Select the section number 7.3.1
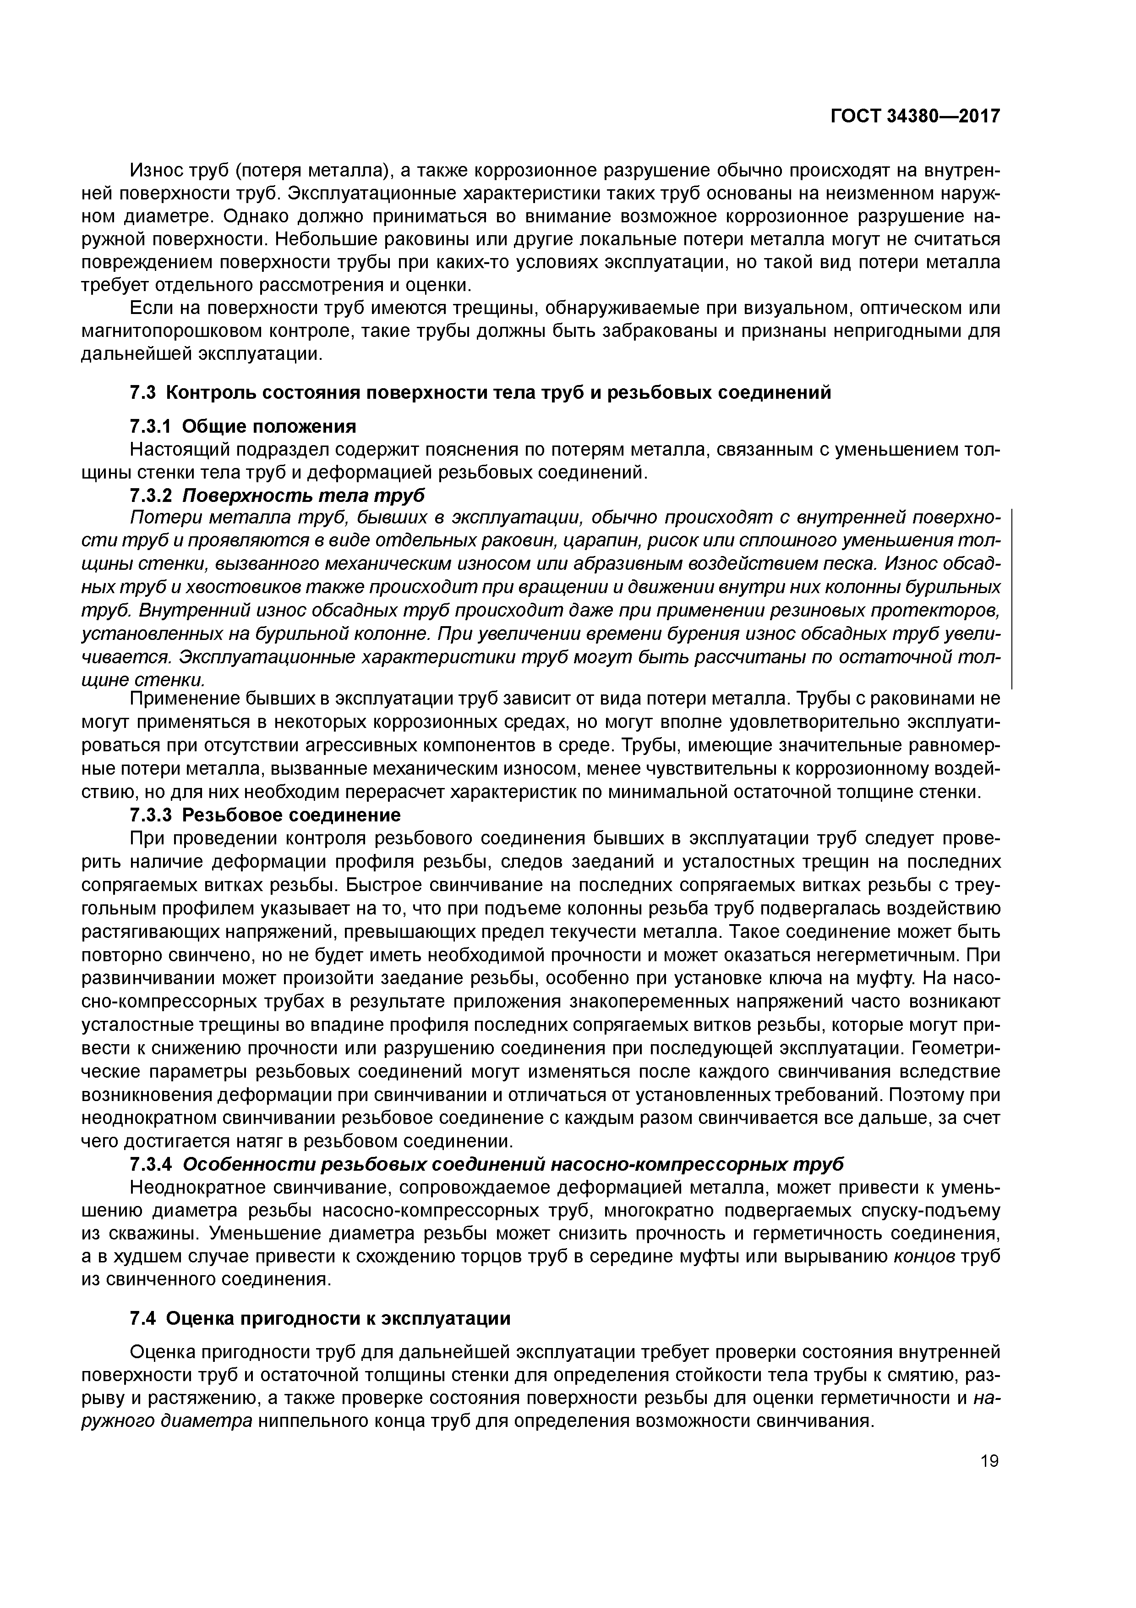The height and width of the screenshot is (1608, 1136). [x=151, y=426]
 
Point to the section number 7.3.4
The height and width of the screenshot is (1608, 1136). [x=151, y=1163]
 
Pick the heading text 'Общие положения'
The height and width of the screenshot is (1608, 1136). [x=269, y=426]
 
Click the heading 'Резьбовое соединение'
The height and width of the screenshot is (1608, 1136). [x=291, y=815]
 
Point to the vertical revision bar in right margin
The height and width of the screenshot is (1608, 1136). [x=1013, y=599]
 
